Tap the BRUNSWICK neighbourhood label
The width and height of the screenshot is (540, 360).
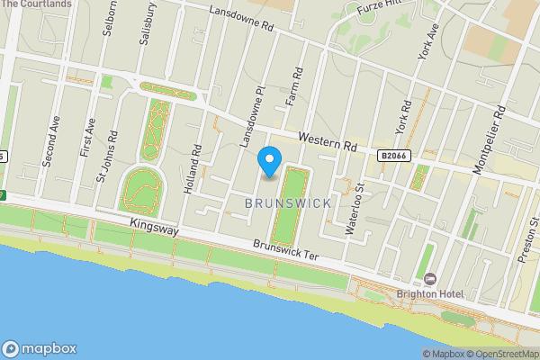(288, 203)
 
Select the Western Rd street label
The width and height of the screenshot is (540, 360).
(328, 142)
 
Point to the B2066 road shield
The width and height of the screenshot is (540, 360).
(392, 156)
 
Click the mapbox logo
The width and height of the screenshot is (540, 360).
(40, 348)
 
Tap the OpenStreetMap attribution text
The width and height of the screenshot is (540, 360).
(500, 354)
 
